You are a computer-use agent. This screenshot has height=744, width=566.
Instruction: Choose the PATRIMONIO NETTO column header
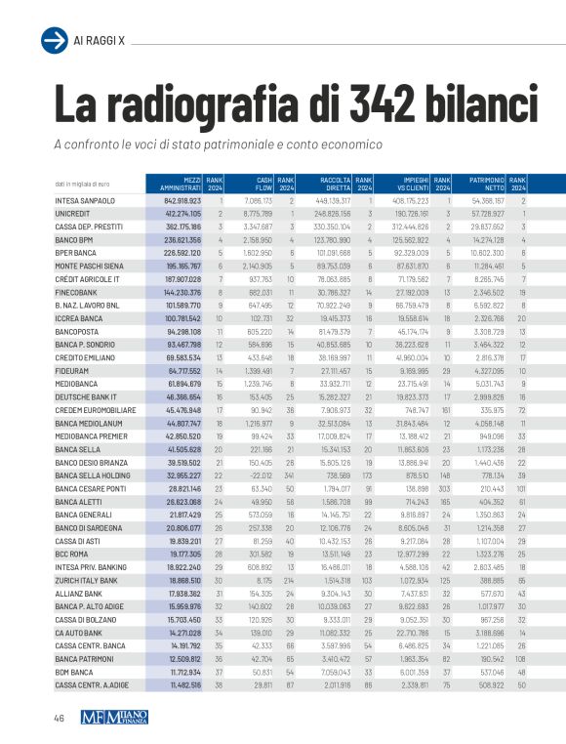[x=485, y=183]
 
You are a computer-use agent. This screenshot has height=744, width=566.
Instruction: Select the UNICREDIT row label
[x=71, y=213]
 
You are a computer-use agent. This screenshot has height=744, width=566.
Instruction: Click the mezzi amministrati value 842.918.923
[x=182, y=201]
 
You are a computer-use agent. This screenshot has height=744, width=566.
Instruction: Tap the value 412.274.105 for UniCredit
[x=182, y=213]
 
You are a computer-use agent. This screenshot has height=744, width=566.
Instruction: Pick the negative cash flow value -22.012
[x=258, y=501]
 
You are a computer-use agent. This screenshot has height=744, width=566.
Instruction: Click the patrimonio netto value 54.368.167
[x=487, y=201]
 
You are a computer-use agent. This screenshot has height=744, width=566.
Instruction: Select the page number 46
[x=61, y=719]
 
